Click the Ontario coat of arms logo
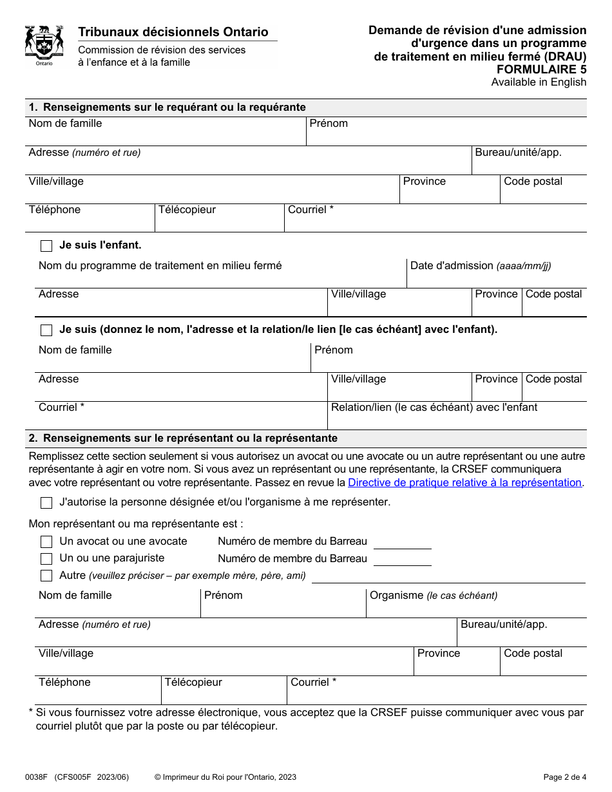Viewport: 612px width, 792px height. click(44, 46)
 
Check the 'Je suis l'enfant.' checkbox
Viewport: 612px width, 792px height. click(46, 246)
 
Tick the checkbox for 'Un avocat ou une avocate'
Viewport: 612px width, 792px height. click(46, 542)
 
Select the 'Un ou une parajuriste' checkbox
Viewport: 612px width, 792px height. click(46, 559)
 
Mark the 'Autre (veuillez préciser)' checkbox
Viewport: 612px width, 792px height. click(46, 576)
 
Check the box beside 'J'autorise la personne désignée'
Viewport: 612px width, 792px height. click(46, 503)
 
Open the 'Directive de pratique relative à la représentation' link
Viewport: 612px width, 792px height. click(464, 483)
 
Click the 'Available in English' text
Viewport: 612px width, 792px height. click(539, 82)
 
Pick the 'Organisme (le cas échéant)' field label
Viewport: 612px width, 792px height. click(433, 596)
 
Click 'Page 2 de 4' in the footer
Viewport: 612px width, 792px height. click(564, 777)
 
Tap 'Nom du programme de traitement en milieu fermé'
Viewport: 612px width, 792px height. click(160, 266)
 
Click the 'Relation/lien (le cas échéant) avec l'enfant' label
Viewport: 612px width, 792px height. click(434, 408)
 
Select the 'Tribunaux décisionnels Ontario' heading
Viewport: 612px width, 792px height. click(173, 32)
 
